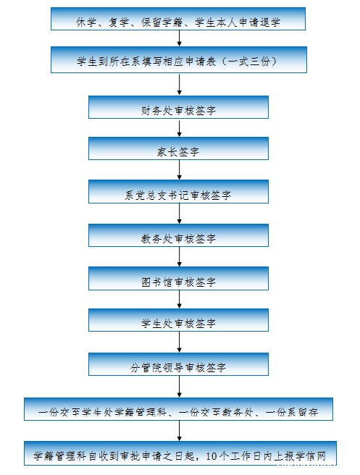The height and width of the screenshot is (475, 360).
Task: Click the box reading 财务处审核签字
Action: (x=178, y=107)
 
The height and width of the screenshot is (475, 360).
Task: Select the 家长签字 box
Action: (x=178, y=148)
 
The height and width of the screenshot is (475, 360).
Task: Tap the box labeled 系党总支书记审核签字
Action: (x=178, y=191)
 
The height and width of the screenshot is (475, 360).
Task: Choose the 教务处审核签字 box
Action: (x=178, y=235)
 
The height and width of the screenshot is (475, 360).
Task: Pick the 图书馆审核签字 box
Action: (x=178, y=278)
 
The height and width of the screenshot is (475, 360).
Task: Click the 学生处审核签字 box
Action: (x=178, y=320)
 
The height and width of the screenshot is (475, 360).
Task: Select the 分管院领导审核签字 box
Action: (x=178, y=364)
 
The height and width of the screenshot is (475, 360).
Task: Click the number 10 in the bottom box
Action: (x=211, y=456)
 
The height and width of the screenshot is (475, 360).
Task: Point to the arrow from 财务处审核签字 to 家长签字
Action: (x=179, y=128)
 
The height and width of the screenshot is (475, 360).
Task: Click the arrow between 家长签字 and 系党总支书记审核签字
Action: (x=179, y=170)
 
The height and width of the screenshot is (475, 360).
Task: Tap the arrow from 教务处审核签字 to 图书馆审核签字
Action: (x=179, y=257)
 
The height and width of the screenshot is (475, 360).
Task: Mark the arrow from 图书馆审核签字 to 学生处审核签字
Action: (x=179, y=299)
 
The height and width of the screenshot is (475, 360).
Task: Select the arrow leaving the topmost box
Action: (x=179, y=38)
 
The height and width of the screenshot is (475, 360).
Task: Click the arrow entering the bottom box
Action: (x=179, y=431)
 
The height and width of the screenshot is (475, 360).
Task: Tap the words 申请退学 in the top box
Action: (x=259, y=22)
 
